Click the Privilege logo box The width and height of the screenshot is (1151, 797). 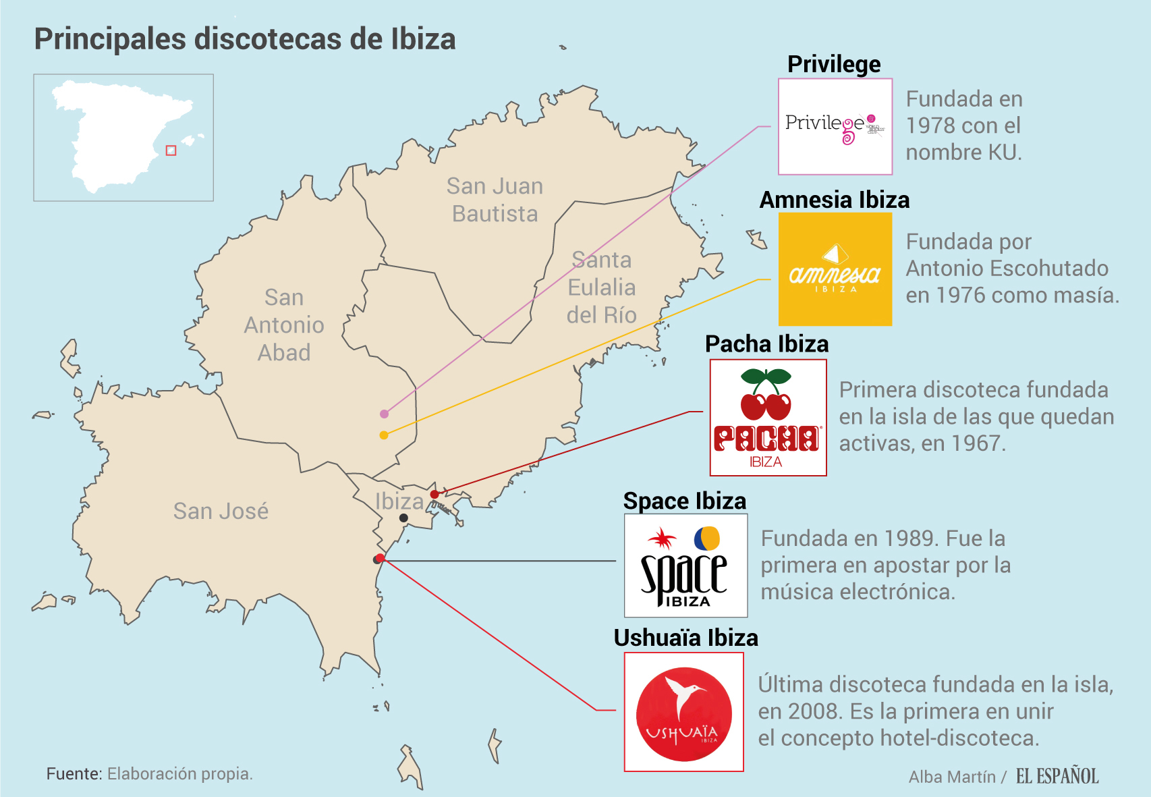(x=835, y=126)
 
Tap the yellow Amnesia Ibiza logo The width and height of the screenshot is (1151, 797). (x=835, y=269)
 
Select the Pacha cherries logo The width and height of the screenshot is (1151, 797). (x=768, y=418)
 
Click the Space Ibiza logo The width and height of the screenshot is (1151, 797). (x=685, y=566)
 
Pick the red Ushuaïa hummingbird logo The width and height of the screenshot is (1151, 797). (x=683, y=712)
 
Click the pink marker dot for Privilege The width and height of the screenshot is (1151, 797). (x=384, y=414)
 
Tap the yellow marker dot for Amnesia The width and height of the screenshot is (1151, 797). (x=384, y=435)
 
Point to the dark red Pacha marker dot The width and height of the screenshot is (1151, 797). (x=434, y=495)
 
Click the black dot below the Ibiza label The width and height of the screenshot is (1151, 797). (x=403, y=518)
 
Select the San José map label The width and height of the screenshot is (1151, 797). (x=221, y=511)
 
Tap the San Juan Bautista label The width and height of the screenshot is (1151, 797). (x=495, y=200)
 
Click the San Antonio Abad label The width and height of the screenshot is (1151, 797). (x=284, y=325)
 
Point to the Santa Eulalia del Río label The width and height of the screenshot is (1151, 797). (x=601, y=287)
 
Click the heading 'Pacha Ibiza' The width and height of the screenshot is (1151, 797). (x=766, y=344)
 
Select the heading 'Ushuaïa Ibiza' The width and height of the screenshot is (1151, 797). (x=685, y=638)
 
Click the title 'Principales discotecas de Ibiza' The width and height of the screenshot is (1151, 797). (x=245, y=39)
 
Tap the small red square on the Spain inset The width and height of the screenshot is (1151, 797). (x=171, y=150)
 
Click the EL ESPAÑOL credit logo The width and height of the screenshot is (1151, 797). (x=1057, y=776)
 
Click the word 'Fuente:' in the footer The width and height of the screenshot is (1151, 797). (x=74, y=773)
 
